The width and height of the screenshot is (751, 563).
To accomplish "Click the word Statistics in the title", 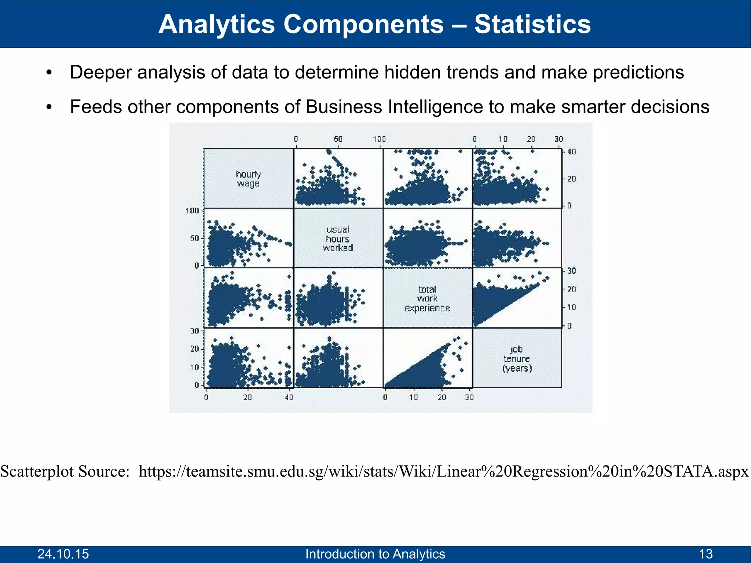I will click(532, 24).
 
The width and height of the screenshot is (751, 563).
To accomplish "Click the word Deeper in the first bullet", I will click(100, 72).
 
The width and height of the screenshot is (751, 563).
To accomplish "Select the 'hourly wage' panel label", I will click(248, 179).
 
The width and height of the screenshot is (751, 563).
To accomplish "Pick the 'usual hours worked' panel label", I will click(338, 239).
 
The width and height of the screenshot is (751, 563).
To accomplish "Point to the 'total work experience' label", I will click(427, 299).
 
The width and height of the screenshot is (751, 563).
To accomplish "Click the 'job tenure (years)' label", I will click(517, 358).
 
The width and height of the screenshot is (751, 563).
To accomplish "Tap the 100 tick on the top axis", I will click(380, 139).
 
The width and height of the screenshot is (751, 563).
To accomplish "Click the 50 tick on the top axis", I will click(338, 139).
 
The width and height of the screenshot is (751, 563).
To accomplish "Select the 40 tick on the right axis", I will click(571, 152).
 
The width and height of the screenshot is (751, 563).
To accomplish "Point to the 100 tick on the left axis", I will click(192, 211).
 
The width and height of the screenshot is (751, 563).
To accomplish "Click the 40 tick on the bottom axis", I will click(289, 397).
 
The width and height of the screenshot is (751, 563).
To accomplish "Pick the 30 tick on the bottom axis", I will click(469, 397).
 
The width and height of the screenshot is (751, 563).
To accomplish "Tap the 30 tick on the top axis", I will click(558, 139).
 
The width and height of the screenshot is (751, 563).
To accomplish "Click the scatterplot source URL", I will click(443, 471).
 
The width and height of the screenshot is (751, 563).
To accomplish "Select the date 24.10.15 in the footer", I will click(63, 554).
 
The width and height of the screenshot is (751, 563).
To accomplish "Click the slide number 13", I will click(706, 554).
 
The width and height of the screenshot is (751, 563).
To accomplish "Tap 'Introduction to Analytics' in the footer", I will click(375, 554).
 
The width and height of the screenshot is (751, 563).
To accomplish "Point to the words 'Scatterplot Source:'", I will click(65, 471).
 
